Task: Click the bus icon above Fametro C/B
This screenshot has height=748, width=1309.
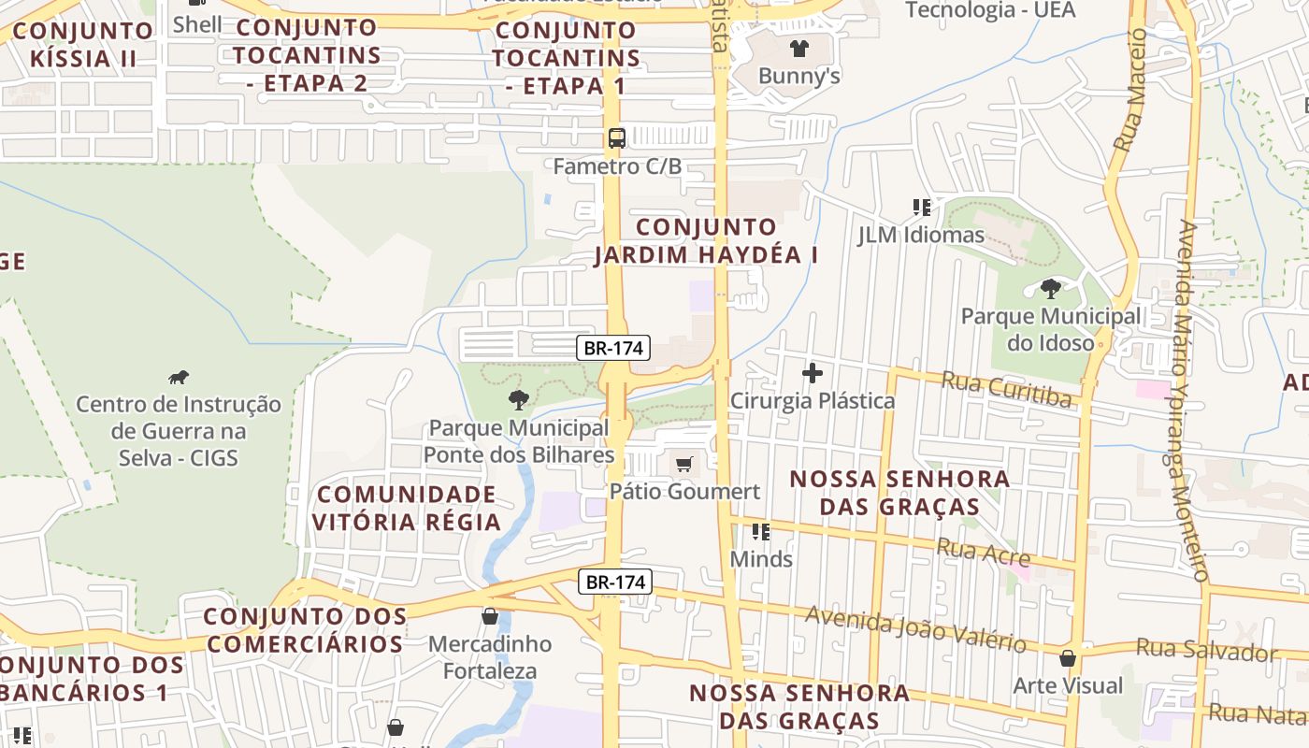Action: click(617, 138)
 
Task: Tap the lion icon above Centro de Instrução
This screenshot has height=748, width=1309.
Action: click(178, 377)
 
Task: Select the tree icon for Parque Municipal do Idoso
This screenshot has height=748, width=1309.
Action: click(1051, 288)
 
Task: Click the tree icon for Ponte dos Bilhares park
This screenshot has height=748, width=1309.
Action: click(518, 400)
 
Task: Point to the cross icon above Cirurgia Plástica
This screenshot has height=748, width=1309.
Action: click(813, 374)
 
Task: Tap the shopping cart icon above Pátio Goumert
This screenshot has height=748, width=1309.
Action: click(684, 463)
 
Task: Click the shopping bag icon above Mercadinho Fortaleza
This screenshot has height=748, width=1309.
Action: click(490, 616)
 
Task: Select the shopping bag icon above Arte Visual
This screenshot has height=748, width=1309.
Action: click(1068, 658)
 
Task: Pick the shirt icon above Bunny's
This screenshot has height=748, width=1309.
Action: click(798, 49)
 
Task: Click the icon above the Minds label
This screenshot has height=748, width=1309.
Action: click(761, 532)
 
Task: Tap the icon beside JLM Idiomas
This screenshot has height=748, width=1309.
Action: click(921, 208)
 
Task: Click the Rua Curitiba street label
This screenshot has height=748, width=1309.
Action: click(1006, 389)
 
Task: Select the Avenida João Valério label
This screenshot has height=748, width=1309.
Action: click(915, 628)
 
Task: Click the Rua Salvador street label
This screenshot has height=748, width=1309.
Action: click(1206, 649)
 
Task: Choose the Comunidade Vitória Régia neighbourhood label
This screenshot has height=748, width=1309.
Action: click(407, 508)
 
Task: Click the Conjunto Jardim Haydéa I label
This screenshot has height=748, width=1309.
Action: click(706, 240)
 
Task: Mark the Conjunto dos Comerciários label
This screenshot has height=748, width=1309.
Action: click(305, 630)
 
